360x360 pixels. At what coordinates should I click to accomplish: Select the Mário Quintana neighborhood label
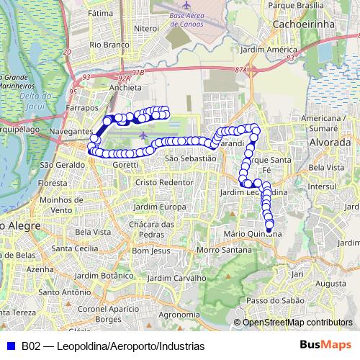[252, 233]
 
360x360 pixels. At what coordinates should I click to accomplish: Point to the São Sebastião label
[190, 158]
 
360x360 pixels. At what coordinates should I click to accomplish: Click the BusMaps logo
[325, 345]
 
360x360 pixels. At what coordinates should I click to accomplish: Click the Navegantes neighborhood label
[72, 132]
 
